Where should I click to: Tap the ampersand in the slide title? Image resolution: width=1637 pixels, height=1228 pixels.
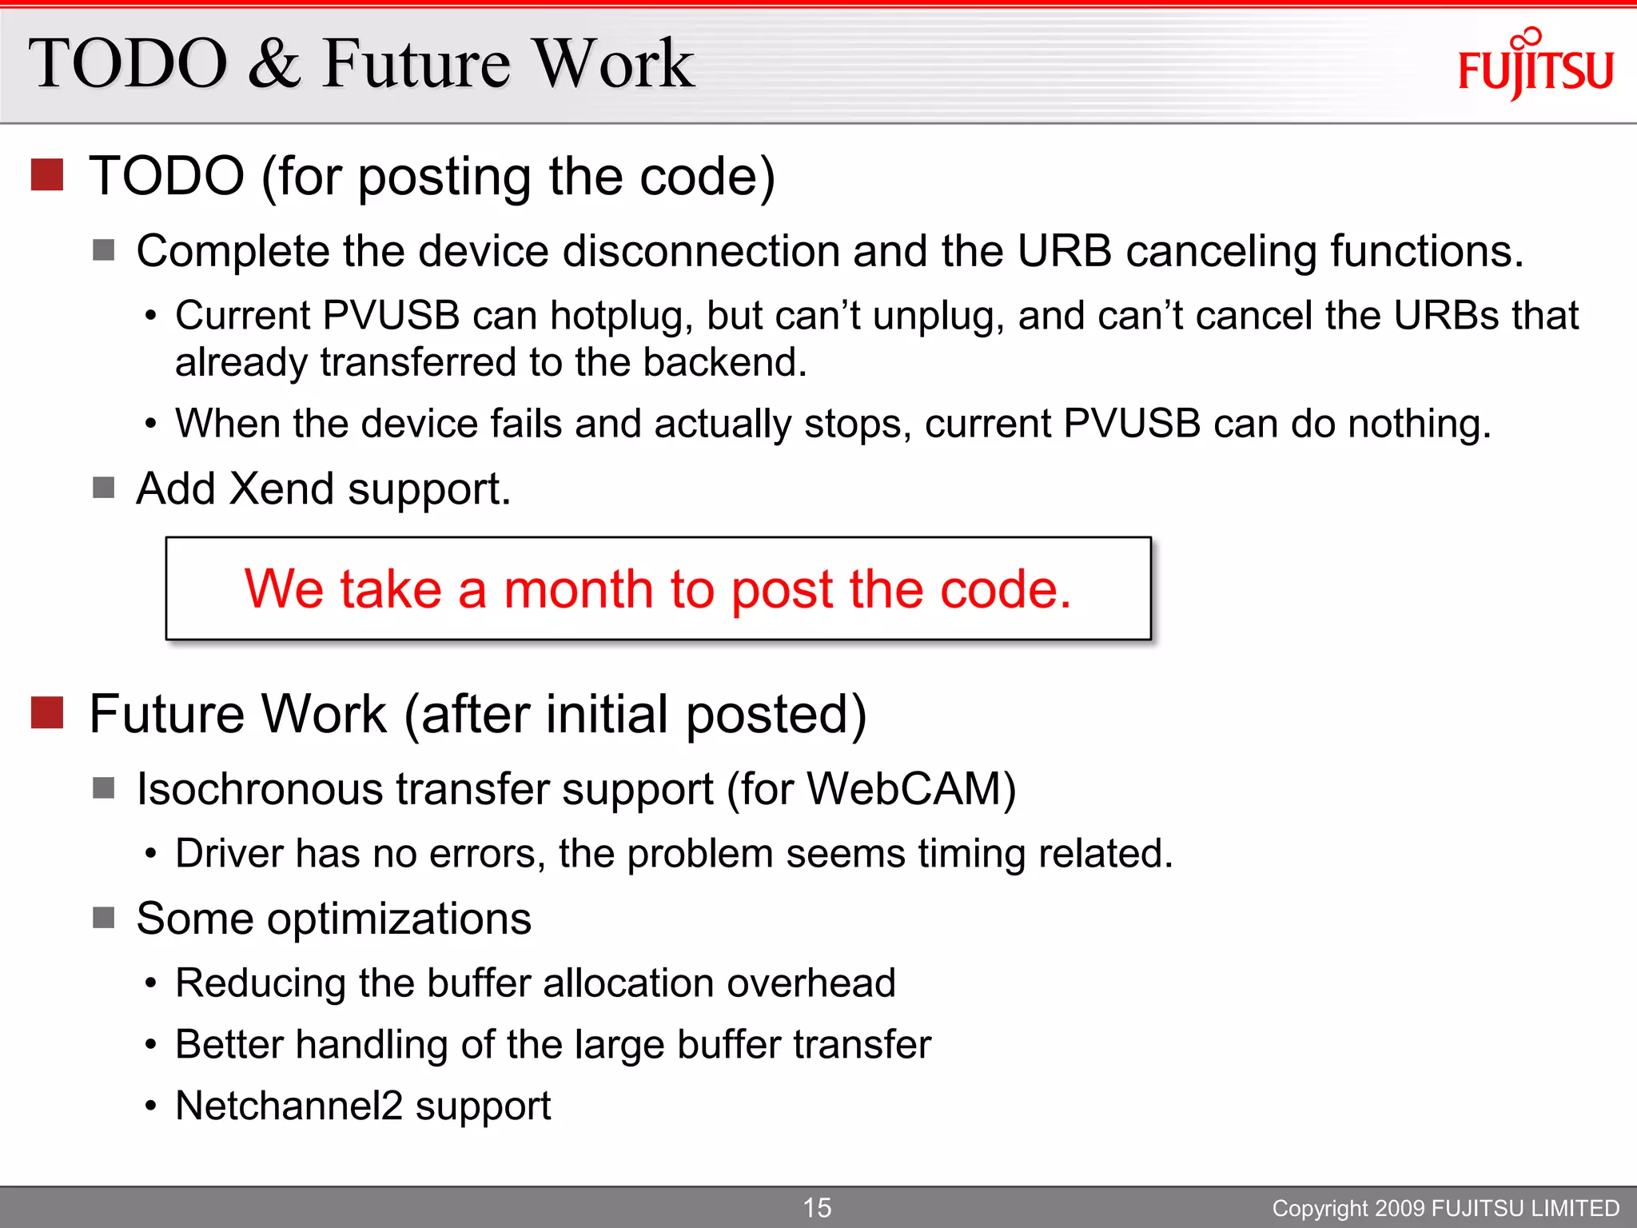click(274, 64)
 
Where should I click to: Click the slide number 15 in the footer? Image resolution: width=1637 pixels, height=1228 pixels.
click(817, 1207)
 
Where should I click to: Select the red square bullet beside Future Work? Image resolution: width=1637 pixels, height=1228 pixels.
click(47, 712)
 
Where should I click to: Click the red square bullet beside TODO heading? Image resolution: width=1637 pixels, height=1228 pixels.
click(47, 174)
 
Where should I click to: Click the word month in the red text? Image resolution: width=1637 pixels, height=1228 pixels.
click(578, 589)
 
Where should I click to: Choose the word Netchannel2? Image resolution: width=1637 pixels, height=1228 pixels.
click(289, 1106)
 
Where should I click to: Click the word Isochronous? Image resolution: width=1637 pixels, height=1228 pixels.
click(260, 789)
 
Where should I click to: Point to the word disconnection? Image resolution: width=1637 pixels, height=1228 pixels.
click(701, 251)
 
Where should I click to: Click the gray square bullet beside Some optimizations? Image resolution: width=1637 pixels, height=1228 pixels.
click(103, 917)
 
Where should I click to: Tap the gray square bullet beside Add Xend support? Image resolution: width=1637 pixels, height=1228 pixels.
click(103, 487)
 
